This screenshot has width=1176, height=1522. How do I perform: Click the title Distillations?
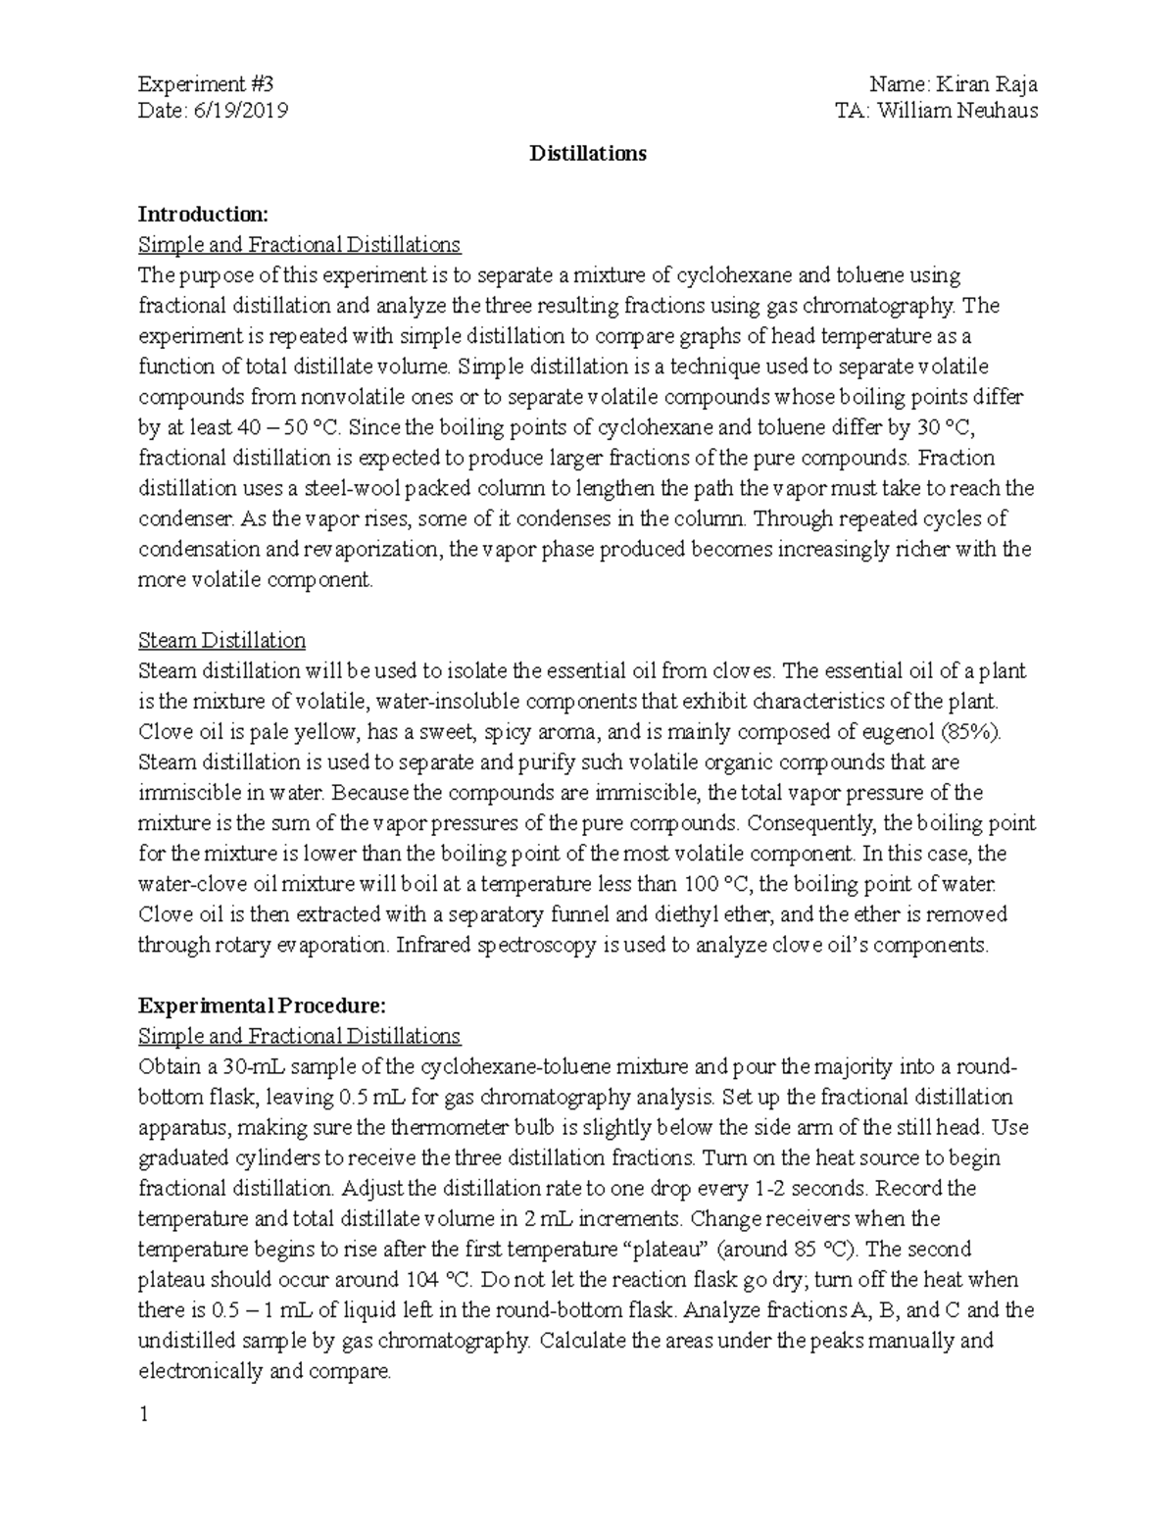click(588, 154)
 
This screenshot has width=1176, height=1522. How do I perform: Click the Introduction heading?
click(202, 215)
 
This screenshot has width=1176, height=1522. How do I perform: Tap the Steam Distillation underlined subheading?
click(221, 641)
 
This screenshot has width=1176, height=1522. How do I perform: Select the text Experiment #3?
click(199, 84)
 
